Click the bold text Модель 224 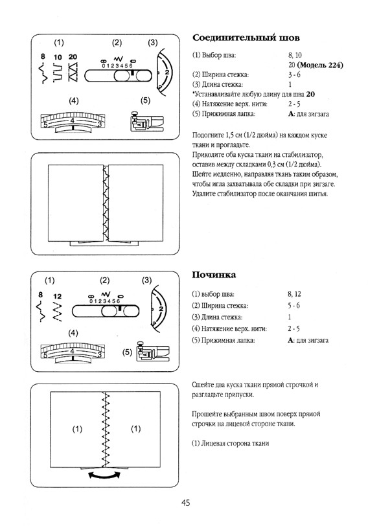point(319,66)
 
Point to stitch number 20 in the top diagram point(73,57)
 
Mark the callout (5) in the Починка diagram point(128,352)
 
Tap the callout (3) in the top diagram point(153,43)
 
